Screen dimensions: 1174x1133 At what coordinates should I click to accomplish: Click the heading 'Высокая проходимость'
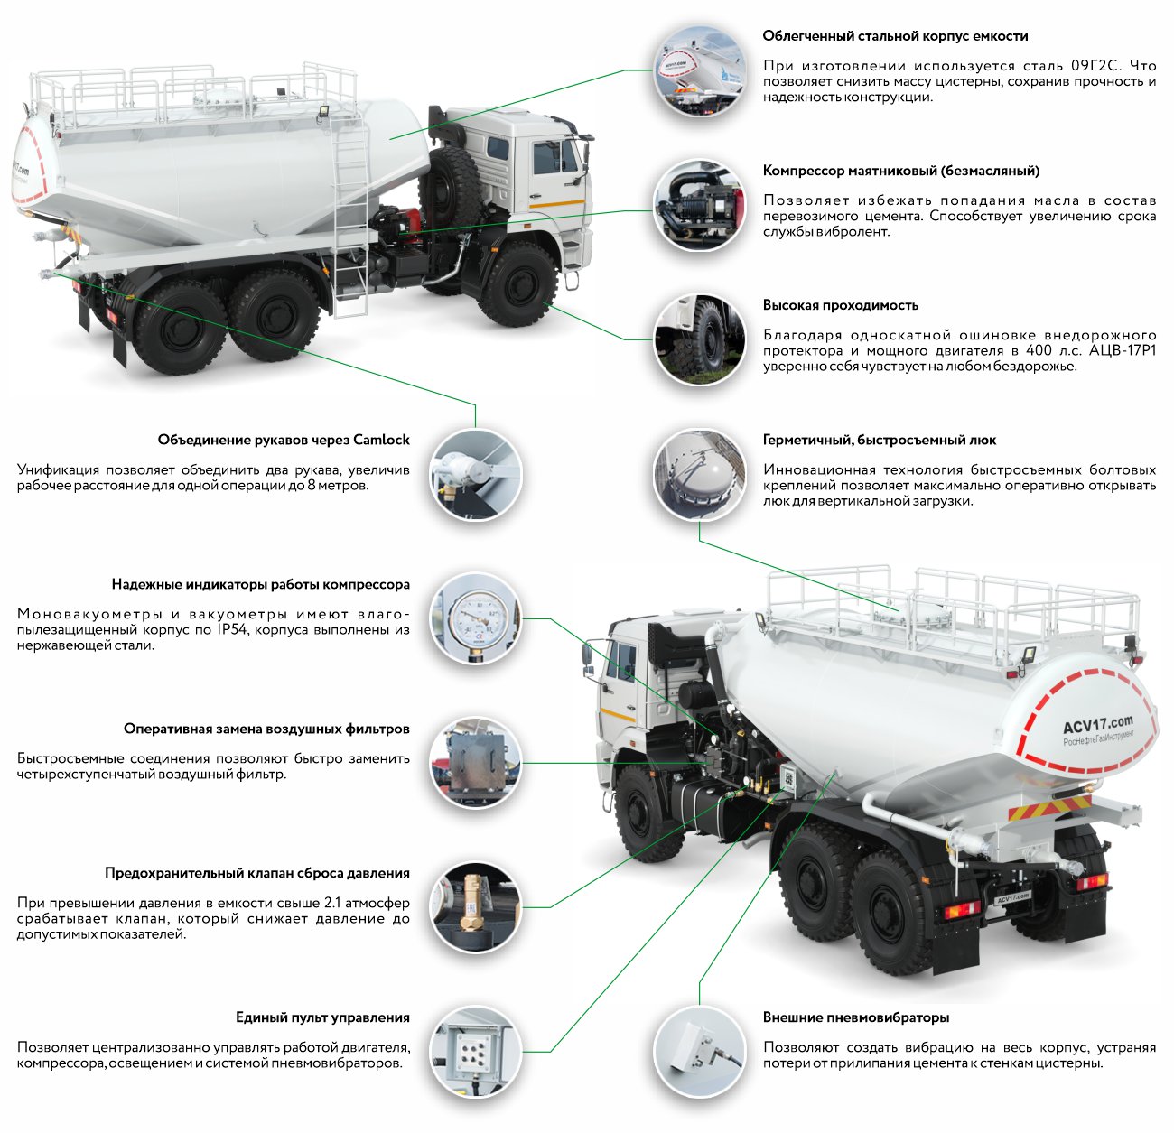(840, 305)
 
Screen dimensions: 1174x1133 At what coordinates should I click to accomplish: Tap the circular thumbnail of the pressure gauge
(475, 618)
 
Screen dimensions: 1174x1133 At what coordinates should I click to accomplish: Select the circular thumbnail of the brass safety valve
(475, 907)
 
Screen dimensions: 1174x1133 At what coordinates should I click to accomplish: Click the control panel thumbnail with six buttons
(475, 1053)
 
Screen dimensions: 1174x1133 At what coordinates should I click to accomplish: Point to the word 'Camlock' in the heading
(381, 440)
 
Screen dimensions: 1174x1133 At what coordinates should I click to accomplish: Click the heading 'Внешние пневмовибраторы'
(855, 1017)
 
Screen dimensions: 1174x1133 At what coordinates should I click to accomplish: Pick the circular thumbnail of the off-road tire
(700, 340)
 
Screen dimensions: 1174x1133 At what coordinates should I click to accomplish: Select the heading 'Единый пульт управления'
(322, 1017)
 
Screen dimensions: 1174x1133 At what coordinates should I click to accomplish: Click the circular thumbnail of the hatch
(700, 475)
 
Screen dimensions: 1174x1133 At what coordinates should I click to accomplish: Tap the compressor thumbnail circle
(700, 206)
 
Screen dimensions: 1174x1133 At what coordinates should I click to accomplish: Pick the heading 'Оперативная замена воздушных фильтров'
(266, 729)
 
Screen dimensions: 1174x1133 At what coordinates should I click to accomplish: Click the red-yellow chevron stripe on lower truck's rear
(1049, 807)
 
